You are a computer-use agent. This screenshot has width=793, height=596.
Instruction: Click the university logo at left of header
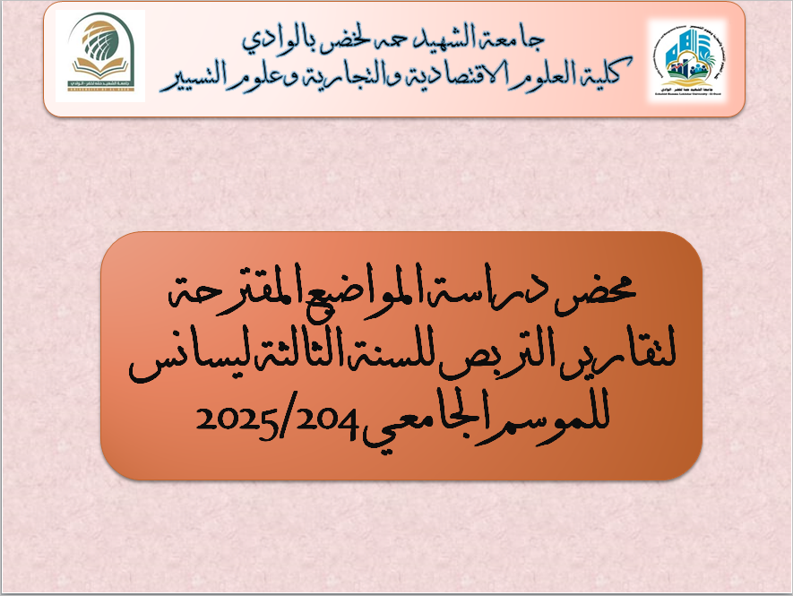(100, 56)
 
